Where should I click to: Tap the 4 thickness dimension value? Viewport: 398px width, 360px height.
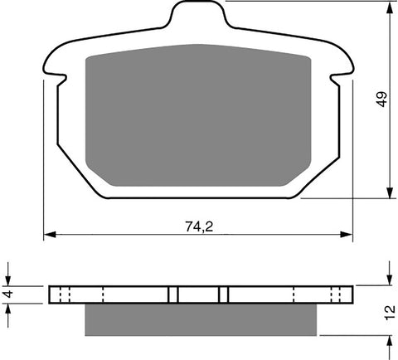[8, 294]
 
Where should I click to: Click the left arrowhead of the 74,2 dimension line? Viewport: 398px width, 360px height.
[48, 235]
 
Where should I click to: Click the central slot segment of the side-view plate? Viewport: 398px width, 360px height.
[199, 294]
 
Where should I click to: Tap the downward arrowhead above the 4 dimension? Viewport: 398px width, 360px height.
[8, 280]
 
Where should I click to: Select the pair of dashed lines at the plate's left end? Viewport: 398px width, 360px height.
[66, 294]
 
